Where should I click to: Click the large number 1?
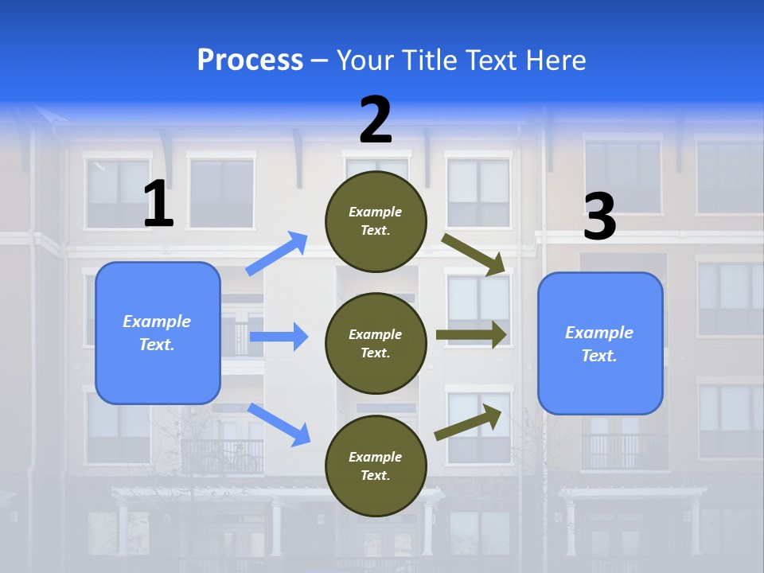(158, 205)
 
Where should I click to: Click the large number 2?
(376, 120)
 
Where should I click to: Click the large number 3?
(599, 216)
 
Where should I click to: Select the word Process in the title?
(250, 60)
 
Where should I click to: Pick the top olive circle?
(376, 221)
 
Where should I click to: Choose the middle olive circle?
(376, 343)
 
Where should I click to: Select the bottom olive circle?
(376, 466)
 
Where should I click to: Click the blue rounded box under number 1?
(158, 333)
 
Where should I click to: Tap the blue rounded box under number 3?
(600, 343)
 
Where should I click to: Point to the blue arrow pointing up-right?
(277, 254)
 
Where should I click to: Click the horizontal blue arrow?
(279, 337)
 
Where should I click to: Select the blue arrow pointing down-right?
(279, 424)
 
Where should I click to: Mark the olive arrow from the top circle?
(474, 255)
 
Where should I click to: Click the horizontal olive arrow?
(471, 335)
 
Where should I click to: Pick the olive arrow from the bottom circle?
(469, 423)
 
